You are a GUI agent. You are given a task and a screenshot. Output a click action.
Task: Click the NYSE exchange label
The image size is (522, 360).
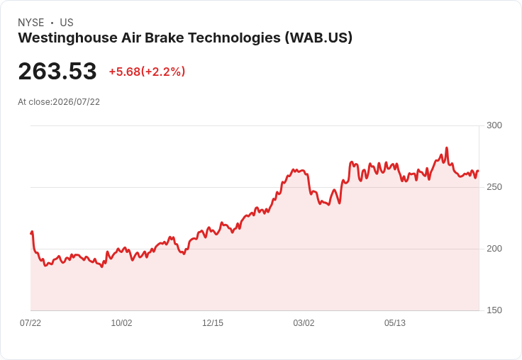click(x=31, y=23)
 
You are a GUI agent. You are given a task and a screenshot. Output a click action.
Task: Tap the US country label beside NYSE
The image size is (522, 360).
click(x=67, y=23)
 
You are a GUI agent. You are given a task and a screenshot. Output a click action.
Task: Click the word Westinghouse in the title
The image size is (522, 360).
click(x=67, y=38)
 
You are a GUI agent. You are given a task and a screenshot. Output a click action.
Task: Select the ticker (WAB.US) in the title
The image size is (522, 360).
click(x=318, y=38)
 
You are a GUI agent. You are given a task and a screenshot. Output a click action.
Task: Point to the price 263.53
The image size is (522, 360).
click(x=57, y=71)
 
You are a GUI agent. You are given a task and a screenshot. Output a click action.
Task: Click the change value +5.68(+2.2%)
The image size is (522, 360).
click(x=147, y=72)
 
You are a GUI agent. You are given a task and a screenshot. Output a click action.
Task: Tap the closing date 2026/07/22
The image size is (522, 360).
click(x=76, y=102)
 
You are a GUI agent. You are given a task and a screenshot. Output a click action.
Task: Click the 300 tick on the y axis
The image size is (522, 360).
click(x=494, y=125)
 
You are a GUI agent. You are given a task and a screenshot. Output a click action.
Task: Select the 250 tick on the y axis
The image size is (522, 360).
click(x=494, y=187)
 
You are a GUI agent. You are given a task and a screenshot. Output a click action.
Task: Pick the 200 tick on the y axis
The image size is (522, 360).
click(x=494, y=249)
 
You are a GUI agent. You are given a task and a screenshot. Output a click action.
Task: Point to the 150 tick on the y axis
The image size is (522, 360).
click(x=494, y=310)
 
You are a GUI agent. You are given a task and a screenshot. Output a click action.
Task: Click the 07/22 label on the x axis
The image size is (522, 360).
click(x=30, y=322)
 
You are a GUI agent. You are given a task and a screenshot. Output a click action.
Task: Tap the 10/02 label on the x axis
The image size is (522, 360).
click(x=121, y=322)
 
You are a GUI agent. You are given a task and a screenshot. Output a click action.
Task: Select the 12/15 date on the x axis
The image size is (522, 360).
click(x=213, y=322)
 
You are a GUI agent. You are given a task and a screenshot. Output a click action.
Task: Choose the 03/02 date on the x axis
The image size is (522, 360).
click(x=304, y=322)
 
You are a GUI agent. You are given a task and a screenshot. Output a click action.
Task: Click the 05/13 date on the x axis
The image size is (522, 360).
click(x=395, y=322)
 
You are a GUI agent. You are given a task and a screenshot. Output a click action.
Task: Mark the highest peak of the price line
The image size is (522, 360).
click(x=446, y=147)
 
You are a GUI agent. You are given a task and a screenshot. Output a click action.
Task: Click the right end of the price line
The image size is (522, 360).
click(x=479, y=171)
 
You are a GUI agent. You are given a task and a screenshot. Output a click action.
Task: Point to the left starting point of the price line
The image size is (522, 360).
click(x=31, y=233)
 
